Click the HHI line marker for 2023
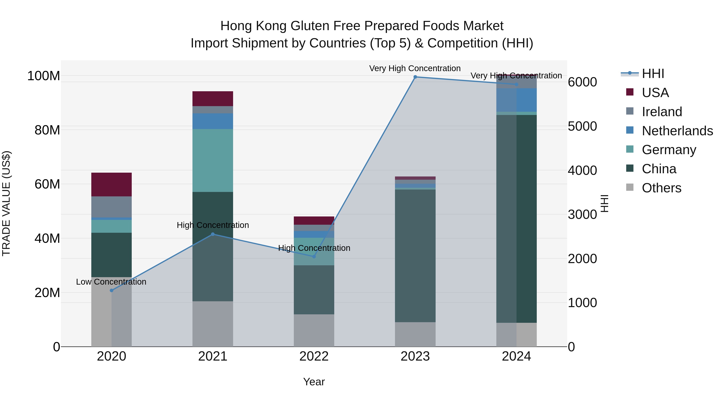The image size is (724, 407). (415, 77)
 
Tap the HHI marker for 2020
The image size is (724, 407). (112, 290)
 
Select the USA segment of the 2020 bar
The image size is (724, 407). (112, 185)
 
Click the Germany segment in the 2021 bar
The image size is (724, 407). (213, 160)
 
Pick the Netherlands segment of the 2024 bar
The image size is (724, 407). (516, 100)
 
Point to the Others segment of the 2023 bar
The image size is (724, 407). (415, 334)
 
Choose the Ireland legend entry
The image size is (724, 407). (662, 112)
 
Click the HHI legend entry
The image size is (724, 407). (653, 74)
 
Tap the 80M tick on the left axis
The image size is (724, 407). (47, 130)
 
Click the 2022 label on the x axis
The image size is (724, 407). (314, 356)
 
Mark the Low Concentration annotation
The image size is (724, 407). (111, 282)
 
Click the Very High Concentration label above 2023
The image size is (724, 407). (415, 68)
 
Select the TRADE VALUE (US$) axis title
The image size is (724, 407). (6, 203)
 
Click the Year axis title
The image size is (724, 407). (314, 382)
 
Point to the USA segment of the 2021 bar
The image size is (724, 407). (213, 99)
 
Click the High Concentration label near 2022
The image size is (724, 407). (314, 248)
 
